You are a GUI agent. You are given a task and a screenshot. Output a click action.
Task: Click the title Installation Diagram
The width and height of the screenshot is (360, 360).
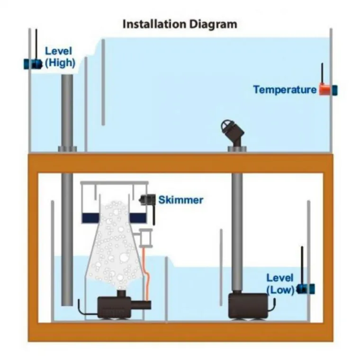point(180,24)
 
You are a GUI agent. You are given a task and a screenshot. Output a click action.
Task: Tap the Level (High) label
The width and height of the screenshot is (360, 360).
point(60,56)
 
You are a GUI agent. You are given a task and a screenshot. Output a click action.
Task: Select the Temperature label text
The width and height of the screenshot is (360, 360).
point(284,90)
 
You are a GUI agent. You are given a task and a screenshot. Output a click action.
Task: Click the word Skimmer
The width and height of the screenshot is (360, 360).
point(180,199)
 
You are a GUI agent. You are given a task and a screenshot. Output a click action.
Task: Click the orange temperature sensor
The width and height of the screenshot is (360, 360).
point(325,90)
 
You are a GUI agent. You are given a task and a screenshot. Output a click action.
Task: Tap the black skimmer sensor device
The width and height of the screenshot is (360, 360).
point(147,200)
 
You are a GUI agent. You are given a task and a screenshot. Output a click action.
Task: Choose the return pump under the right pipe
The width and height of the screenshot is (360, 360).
point(247,306)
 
